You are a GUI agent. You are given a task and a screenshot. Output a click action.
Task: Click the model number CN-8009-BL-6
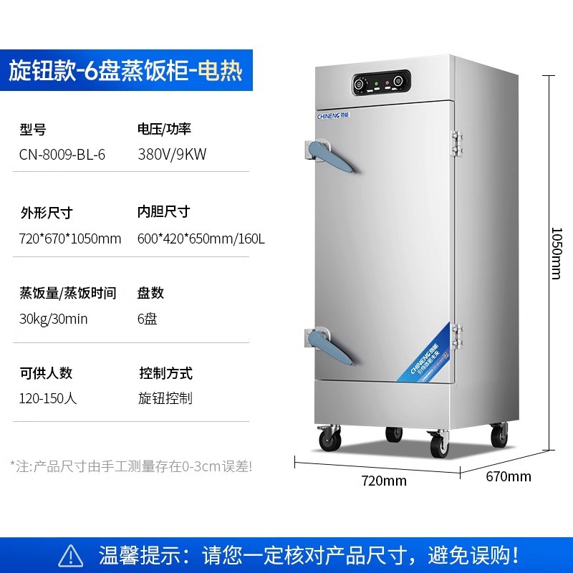62,155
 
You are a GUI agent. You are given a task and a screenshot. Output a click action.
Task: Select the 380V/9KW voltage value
172,155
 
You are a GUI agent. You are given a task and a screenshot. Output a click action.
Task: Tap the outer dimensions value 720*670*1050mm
70,239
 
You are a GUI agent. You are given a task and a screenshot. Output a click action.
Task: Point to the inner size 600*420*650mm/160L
201,239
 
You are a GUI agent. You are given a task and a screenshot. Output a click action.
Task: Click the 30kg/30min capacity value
54,319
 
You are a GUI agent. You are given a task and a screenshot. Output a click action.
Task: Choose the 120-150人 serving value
48,398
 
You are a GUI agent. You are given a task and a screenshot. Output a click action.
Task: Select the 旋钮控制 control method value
165,398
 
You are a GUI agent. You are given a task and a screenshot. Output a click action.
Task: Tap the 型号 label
33,130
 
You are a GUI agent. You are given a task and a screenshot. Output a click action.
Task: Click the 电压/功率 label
165,130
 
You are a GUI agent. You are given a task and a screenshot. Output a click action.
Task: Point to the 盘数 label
151,293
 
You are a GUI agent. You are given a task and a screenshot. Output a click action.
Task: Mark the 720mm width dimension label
384,481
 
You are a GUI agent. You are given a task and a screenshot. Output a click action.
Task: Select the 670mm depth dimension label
509,476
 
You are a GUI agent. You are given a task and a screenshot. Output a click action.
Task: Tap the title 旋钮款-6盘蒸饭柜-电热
126,72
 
